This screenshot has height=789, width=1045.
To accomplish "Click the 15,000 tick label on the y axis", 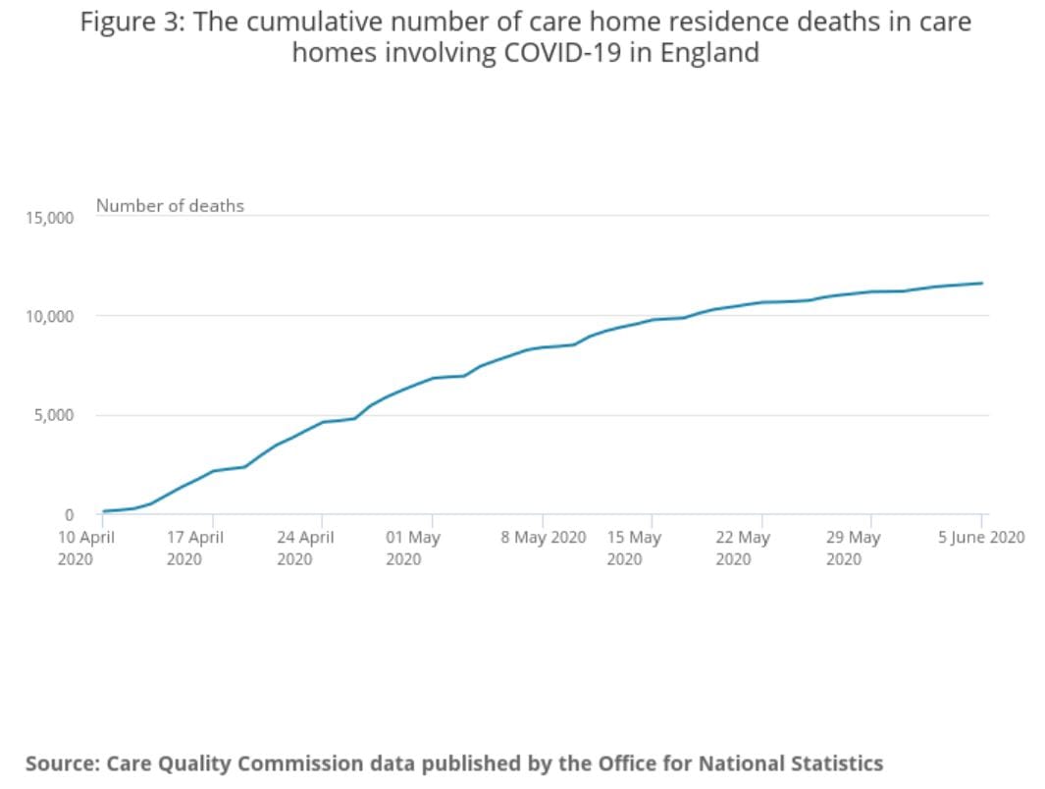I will tap(49, 217).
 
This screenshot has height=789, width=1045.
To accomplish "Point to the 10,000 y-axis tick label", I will tap(49, 316).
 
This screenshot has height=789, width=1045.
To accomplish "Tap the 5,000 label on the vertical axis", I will tap(53, 415).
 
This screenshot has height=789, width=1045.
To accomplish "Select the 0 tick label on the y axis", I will tap(69, 514).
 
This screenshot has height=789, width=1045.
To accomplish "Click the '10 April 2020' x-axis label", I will tap(86, 548).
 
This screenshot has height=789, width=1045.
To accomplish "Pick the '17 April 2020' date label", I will tap(194, 548).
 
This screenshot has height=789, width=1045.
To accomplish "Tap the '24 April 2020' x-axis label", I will tap(304, 548).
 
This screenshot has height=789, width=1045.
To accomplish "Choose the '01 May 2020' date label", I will tap(413, 548).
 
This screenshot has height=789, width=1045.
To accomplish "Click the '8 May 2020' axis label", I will tap(543, 538).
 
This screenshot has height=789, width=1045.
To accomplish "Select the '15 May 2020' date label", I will tap(634, 548).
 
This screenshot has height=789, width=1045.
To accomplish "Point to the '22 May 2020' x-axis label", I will tap(743, 548).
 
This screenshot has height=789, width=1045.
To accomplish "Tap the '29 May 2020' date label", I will tap(853, 548).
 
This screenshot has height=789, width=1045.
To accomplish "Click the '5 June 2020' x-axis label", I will tap(981, 538).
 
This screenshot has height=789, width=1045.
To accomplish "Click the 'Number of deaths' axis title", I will tap(170, 206).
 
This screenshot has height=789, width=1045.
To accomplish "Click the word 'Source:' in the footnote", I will tap(63, 763).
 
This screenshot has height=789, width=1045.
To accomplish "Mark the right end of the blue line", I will tap(981, 284).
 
